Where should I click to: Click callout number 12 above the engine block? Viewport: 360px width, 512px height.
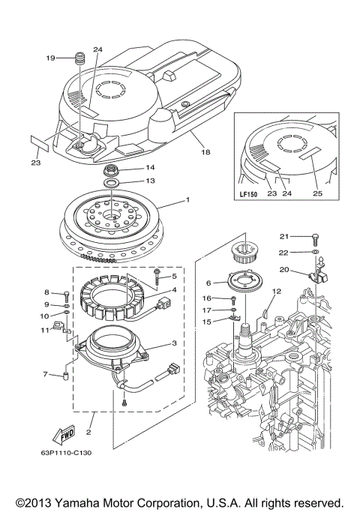pos(276,291)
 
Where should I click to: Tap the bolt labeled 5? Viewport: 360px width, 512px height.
pos(157,275)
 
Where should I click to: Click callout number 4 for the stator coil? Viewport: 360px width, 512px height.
pos(175,290)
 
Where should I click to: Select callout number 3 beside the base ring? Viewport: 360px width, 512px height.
pos(175,344)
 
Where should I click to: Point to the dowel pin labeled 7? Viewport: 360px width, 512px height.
pos(65,373)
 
